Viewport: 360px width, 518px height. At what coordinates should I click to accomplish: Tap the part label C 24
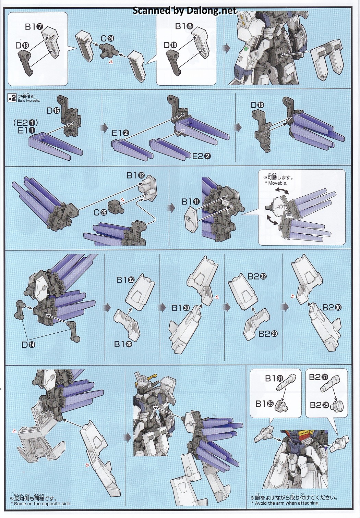coord(106,38)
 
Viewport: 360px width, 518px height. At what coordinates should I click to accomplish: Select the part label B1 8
coord(184,26)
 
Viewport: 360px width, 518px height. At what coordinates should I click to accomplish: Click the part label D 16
coord(257,105)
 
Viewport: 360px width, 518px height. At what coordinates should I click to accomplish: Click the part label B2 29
coord(266,333)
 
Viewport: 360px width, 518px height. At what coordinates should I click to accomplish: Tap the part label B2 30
coord(332,307)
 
